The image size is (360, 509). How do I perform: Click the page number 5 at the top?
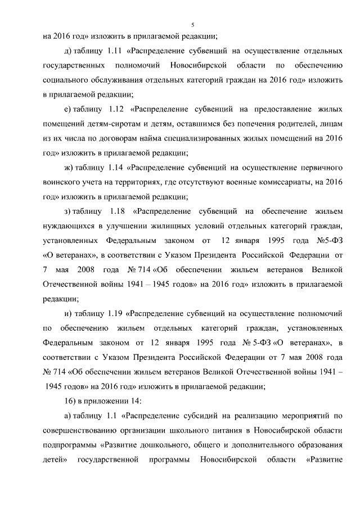[x=192, y=24]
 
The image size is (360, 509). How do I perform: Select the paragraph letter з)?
[x=69, y=211]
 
